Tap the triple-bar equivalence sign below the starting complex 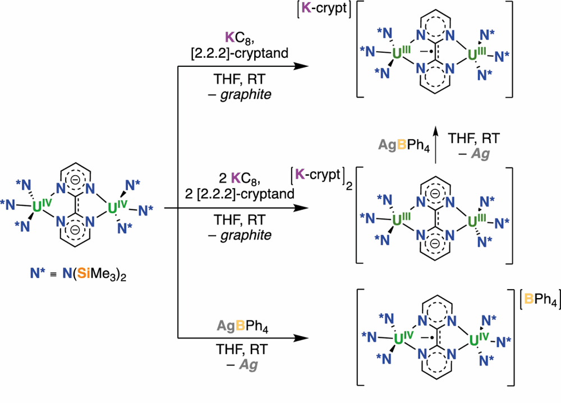pos(53,274)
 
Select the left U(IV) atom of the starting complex pos(37,207)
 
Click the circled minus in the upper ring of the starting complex pos(75,180)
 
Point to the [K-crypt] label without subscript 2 pos(324,8)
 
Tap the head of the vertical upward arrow pos(435,130)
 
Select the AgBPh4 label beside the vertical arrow pos(404,145)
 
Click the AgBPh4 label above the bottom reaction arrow pos(242,327)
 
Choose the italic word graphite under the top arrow pos(246,94)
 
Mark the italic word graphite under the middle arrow pos(246,235)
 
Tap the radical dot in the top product pos(431,52)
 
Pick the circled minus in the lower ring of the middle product pos(435,244)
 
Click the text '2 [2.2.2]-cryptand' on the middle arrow pos(240,194)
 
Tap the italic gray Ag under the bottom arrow pos(249,364)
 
